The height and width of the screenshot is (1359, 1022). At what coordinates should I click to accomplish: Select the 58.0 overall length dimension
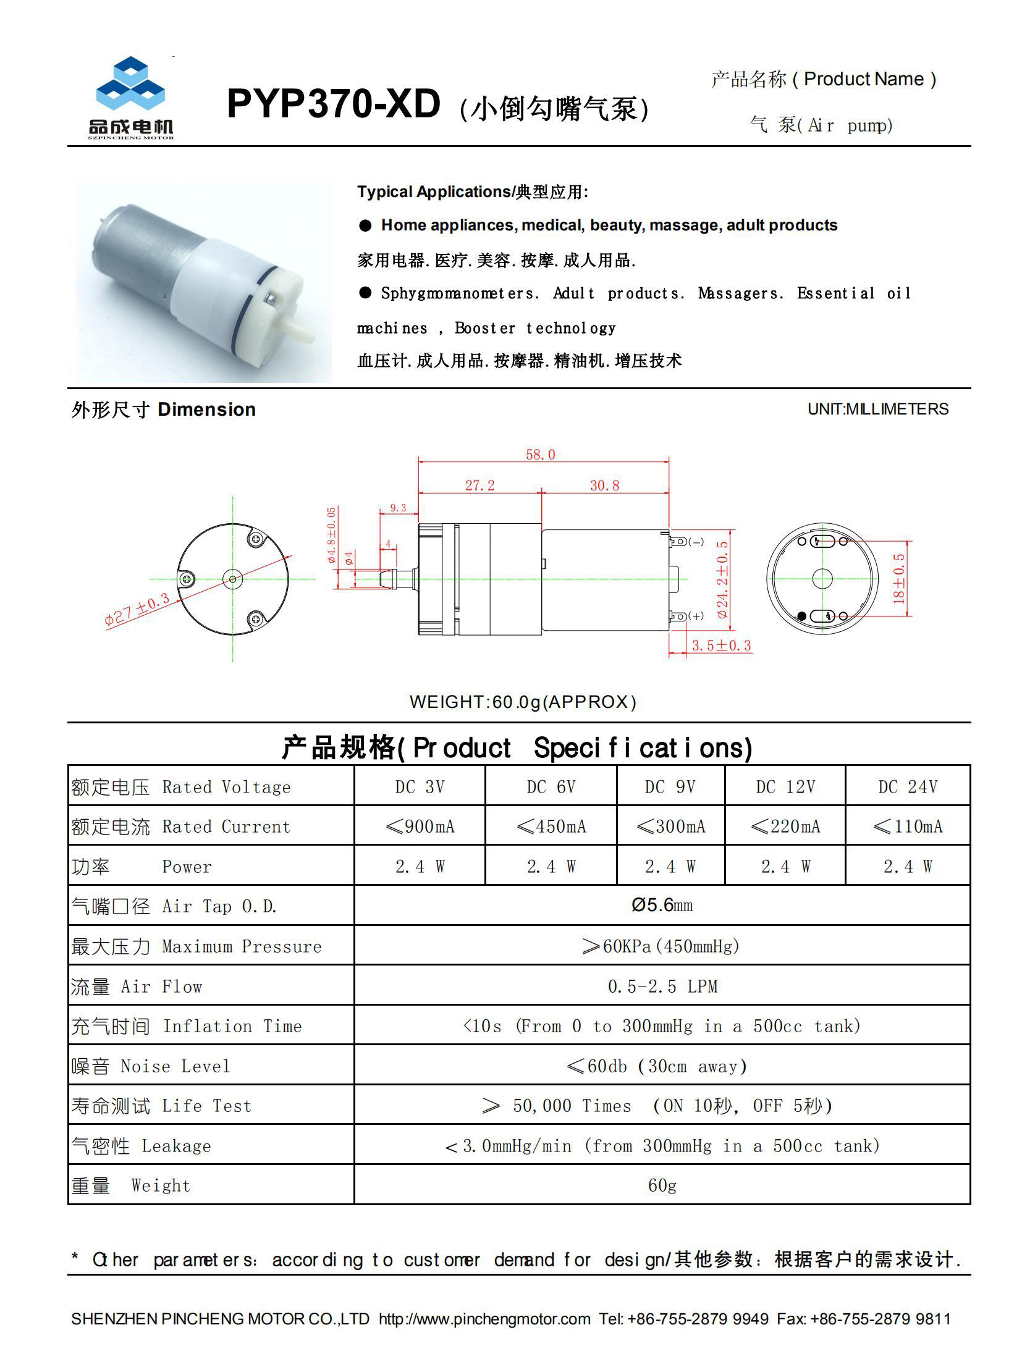point(540,455)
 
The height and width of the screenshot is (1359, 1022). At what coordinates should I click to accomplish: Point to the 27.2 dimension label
point(479,486)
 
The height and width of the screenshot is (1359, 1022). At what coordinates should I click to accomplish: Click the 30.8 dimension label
point(604,486)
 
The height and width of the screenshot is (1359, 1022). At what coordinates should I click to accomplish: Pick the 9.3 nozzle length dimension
point(398,508)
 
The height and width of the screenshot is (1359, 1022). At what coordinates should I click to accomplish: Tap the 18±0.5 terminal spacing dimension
point(899,578)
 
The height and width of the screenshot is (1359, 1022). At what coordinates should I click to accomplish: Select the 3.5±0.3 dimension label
point(721,646)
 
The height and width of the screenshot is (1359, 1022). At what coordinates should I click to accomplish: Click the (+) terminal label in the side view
point(696,616)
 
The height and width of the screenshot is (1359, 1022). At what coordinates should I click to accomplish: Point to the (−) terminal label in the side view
point(696,542)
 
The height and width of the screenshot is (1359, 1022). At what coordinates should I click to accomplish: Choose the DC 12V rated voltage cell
point(785,787)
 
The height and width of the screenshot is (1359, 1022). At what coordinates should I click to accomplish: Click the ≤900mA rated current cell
point(420,827)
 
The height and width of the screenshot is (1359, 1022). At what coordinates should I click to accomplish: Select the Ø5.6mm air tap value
point(662,906)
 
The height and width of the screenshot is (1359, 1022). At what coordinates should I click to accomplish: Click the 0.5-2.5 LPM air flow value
point(662,987)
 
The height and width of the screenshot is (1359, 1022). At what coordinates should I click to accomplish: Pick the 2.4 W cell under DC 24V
point(907,867)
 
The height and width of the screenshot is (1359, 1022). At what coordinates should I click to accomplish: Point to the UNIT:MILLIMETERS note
point(877,410)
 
